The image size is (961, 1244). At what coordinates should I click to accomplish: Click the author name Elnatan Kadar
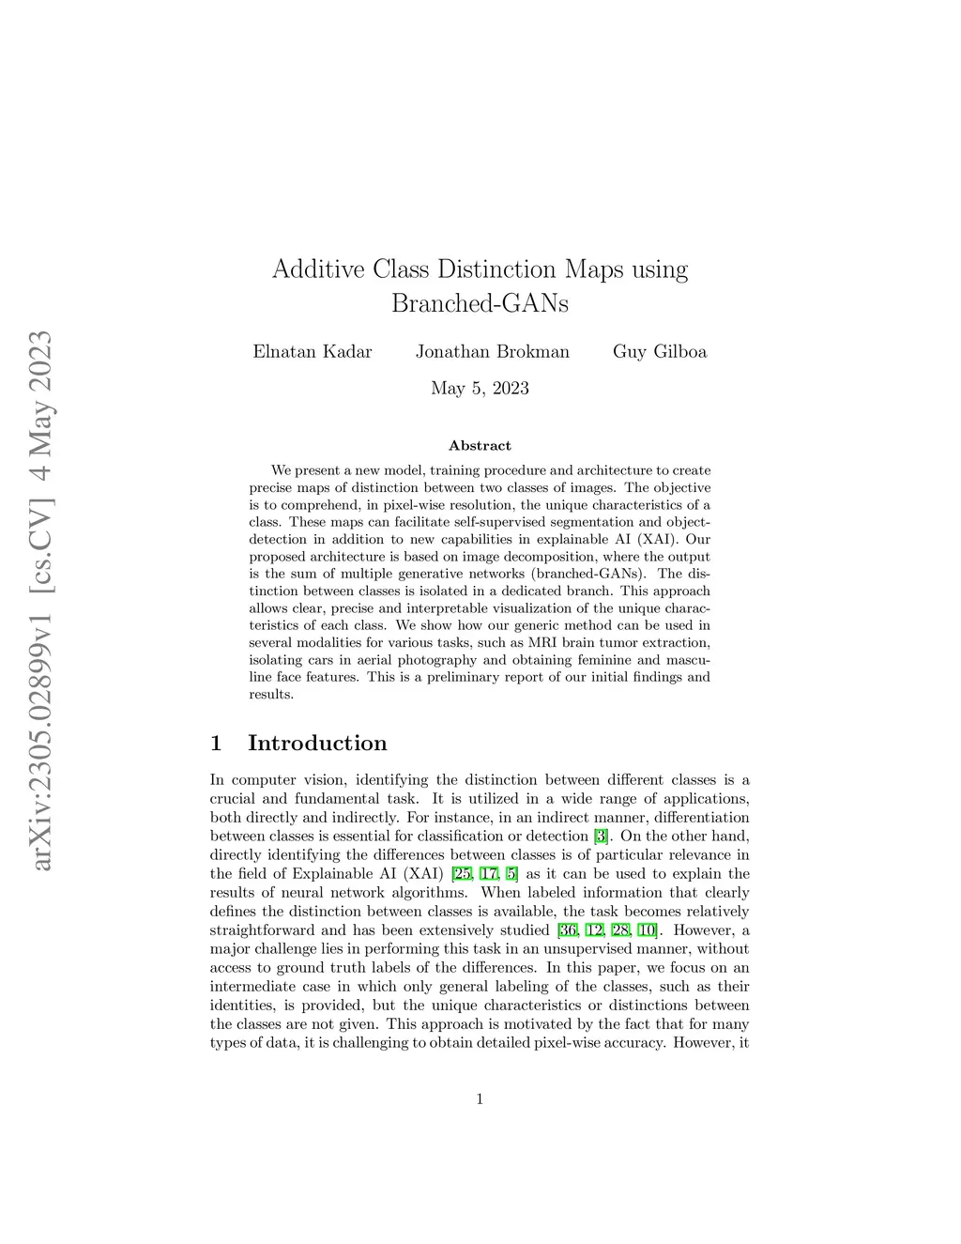[313, 352]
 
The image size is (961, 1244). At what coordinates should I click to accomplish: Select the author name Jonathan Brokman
[493, 352]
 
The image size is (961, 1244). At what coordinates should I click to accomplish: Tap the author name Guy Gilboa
[660, 352]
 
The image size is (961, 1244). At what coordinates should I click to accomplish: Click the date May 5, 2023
[480, 388]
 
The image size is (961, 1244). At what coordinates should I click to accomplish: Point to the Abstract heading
[480, 446]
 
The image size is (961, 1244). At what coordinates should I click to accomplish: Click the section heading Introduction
[317, 744]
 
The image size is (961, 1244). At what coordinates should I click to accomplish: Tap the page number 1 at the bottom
[480, 1099]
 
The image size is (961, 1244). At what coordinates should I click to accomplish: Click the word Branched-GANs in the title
[480, 304]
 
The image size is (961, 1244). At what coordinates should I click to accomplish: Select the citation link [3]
[602, 837]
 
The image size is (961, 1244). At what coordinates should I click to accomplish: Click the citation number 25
[462, 874]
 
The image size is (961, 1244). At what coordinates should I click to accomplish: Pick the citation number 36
[568, 930]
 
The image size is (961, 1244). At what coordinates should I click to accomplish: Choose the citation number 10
[647, 930]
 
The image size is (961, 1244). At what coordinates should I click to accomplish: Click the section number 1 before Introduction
[216, 744]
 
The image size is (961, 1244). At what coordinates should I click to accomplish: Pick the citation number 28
[620, 930]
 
